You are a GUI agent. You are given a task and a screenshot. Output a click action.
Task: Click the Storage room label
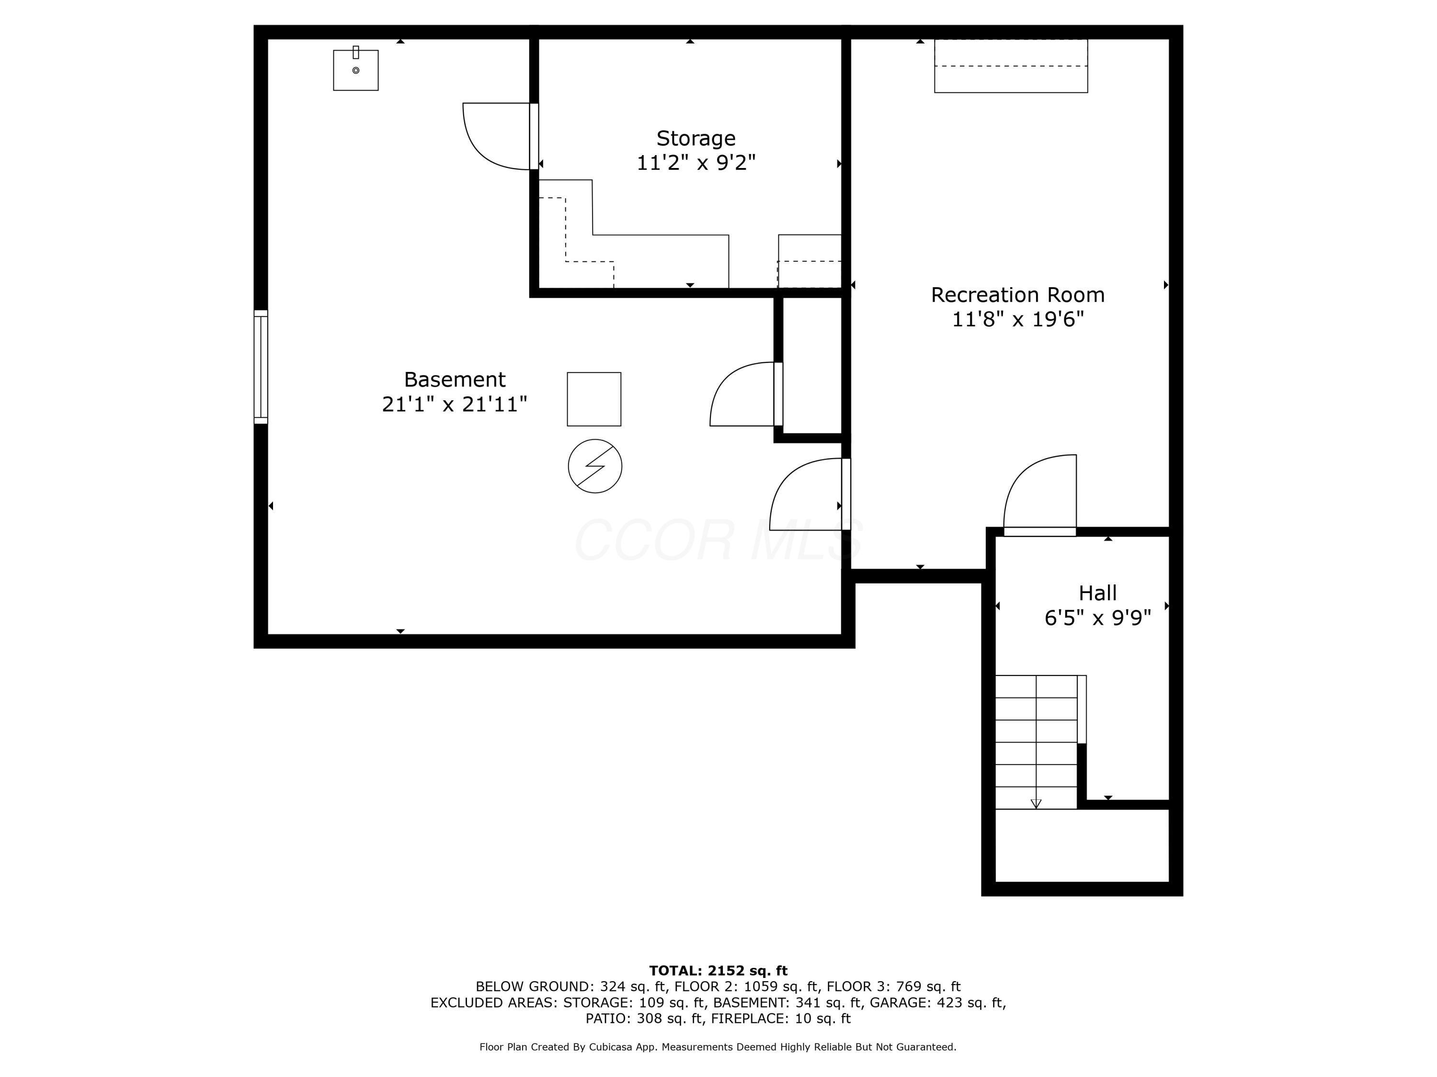click(696, 138)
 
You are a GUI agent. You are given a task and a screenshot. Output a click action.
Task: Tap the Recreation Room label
click(1017, 295)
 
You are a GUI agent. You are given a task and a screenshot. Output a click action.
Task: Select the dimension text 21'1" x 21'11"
click(454, 404)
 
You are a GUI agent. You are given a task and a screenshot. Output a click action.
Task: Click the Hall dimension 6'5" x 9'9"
click(1097, 617)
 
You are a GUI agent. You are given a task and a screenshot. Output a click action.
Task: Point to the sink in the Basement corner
click(355, 69)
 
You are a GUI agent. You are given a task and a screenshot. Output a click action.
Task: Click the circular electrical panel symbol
click(594, 466)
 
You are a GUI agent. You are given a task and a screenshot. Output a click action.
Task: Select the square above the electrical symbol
click(594, 399)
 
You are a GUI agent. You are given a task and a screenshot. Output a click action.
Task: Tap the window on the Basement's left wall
click(261, 367)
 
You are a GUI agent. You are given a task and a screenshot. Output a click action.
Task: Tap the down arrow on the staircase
click(1036, 804)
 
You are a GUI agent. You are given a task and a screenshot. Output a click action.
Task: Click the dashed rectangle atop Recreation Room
click(1010, 66)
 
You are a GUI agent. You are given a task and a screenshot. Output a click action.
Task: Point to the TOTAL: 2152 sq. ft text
click(718, 971)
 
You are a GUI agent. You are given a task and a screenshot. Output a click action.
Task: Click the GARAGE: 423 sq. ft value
click(937, 1002)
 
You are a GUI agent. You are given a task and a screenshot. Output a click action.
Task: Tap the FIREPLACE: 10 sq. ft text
click(780, 1018)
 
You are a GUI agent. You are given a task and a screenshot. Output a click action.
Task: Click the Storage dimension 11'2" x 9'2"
click(696, 162)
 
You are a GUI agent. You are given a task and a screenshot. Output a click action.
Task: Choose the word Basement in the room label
click(454, 379)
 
